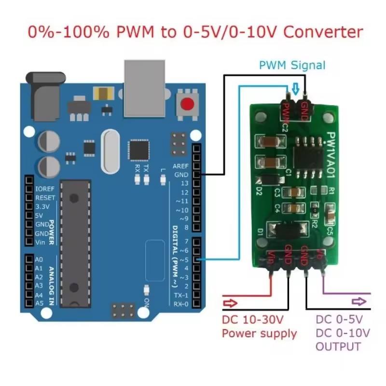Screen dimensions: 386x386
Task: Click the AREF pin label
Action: [x=180, y=165]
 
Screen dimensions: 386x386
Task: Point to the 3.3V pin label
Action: [x=42, y=207]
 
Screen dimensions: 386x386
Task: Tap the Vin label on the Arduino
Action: [x=41, y=242]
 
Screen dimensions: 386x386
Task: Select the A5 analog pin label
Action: [x=39, y=303]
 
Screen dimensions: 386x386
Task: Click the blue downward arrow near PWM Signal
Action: [x=296, y=88]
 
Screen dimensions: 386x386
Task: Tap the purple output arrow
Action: [x=358, y=302]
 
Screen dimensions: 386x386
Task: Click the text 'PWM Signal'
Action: [x=292, y=65]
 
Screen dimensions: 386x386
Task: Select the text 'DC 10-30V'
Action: [x=252, y=319]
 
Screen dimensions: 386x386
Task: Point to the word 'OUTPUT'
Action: [x=338, y=346]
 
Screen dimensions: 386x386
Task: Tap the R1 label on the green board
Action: [x=331, y=191]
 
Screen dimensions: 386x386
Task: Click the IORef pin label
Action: [x=45, y=189]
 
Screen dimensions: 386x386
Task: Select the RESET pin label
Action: [x=45, y=198]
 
